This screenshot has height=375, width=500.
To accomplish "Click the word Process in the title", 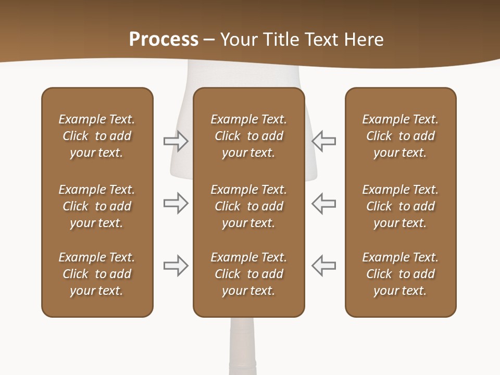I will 164,40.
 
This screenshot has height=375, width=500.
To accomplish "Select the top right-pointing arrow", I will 176,141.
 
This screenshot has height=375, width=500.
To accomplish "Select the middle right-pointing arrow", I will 176,203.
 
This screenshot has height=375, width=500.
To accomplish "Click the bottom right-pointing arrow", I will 176,266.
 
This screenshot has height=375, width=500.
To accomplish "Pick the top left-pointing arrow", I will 323,141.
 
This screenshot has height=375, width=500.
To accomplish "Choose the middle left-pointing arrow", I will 323,203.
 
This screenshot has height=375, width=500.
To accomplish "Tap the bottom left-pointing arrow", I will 323,266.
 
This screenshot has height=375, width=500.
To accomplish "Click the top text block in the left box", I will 97,136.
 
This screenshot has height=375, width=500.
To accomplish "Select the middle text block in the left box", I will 97,206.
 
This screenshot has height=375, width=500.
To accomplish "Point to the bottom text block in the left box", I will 97,274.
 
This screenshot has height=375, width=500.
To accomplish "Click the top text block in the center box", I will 248,136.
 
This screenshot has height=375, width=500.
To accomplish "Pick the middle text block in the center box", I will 248,206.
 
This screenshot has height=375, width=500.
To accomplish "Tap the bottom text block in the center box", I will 248,274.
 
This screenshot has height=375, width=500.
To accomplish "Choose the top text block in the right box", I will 400,136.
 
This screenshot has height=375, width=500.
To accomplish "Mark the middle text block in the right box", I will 400,206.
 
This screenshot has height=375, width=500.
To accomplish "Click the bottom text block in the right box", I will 400,274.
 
